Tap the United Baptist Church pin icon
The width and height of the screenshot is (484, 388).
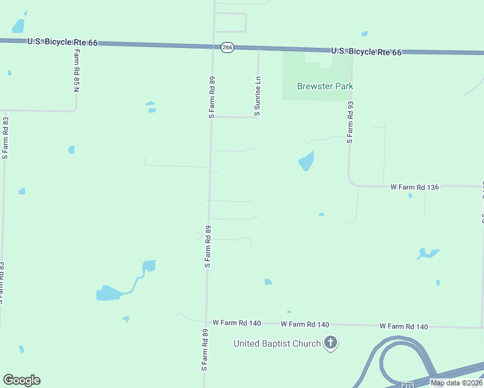[331, 343]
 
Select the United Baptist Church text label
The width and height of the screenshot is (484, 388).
[277, 343]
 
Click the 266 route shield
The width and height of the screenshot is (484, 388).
[227, 48]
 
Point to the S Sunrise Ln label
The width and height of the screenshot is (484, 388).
[258, 96]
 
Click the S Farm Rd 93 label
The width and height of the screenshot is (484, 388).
[350, 122]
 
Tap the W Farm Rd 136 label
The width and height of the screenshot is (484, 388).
[415, 187]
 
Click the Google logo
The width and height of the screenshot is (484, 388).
[21, 380]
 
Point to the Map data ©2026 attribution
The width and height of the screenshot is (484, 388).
[456, 383]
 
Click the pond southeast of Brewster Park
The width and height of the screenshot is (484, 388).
[306, 160]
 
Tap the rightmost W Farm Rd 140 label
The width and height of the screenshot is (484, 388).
[404, 327]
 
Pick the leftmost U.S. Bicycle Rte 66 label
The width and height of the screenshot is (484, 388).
[62, 42]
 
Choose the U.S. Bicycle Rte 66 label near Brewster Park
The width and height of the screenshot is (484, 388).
[366, 51]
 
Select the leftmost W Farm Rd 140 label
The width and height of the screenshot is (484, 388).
[236, 323]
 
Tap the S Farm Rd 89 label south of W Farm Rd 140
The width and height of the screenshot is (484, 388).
[204, 349]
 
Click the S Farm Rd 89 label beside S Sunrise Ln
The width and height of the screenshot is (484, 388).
[212, 97]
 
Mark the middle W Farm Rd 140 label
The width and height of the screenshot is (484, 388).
[305, 324]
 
